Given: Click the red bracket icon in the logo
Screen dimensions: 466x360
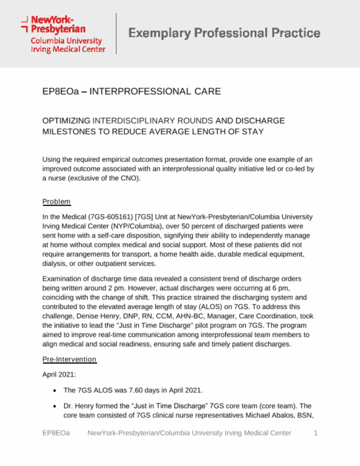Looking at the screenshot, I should click(24, 24).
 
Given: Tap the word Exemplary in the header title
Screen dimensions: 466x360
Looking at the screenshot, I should click(159, 33).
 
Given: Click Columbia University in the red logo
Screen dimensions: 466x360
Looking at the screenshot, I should click(66, 41).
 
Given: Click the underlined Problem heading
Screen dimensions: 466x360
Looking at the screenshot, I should click(56, 202).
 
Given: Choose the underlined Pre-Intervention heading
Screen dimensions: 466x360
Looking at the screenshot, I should click(69, 359).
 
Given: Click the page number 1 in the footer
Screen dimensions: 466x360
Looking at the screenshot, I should click(315, 433).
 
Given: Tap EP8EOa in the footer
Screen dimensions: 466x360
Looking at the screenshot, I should click(56, 433).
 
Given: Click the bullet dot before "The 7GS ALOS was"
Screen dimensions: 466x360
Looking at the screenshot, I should click(54, 390).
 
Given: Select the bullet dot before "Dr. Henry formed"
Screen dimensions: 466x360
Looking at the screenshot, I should click(54, 406).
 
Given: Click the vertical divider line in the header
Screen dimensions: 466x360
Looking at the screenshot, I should click(116, 33).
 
